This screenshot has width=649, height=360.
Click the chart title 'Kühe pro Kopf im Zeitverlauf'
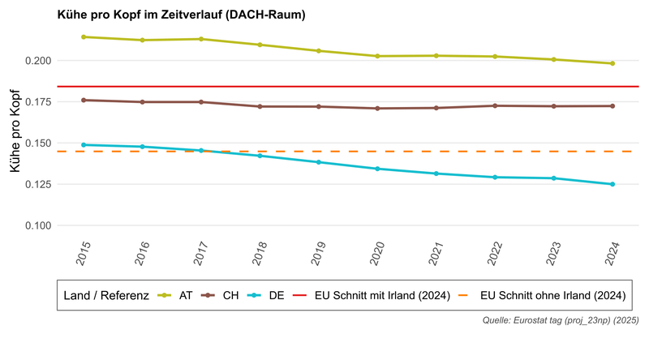click(180, 15)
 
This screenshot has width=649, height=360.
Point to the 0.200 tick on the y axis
click(38, 61)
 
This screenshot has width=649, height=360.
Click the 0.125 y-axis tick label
click(38, 184)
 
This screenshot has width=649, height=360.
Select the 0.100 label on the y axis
click(38, 225)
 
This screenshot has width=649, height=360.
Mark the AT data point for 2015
click(84, 36)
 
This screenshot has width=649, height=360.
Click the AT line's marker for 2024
click(612, 63)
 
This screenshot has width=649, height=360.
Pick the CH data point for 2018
click(260, 106)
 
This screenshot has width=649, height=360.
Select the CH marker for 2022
click(495, 105)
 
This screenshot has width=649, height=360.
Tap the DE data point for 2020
click(377, 169)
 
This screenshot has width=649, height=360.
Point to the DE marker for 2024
click(612, 184)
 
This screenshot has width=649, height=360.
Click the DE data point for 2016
click(143, 147)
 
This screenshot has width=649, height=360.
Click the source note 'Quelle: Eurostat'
click(561, 321)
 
